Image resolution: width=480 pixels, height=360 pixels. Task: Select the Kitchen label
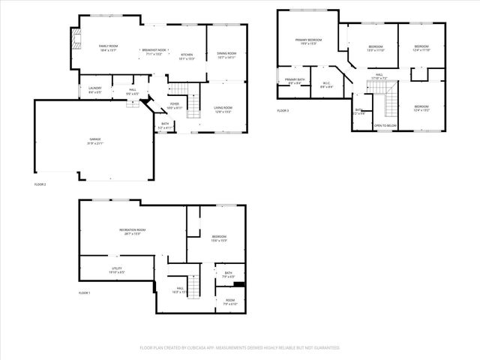click(187, 57)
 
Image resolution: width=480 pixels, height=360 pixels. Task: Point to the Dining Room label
click(226, 55)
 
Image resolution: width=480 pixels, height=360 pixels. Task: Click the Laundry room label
click(94, 89)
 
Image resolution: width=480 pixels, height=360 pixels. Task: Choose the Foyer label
click(174, 105)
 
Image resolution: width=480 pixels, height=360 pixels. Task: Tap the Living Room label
click(223, 110)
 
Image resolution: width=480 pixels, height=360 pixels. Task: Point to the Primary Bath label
click(295, 81)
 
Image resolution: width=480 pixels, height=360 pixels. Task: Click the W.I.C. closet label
click(327, 85)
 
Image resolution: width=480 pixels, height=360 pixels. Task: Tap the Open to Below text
click(385, 126)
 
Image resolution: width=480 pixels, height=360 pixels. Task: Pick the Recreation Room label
click(132, 232)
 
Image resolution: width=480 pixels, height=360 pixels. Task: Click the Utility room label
click(116, 270)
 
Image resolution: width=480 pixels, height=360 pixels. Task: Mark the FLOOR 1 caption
click(84, 292)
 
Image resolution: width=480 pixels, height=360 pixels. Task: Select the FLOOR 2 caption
click(40, 184)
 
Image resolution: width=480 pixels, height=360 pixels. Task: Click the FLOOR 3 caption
click(282, 111)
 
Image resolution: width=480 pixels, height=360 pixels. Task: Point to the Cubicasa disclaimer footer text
click(240, 348)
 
